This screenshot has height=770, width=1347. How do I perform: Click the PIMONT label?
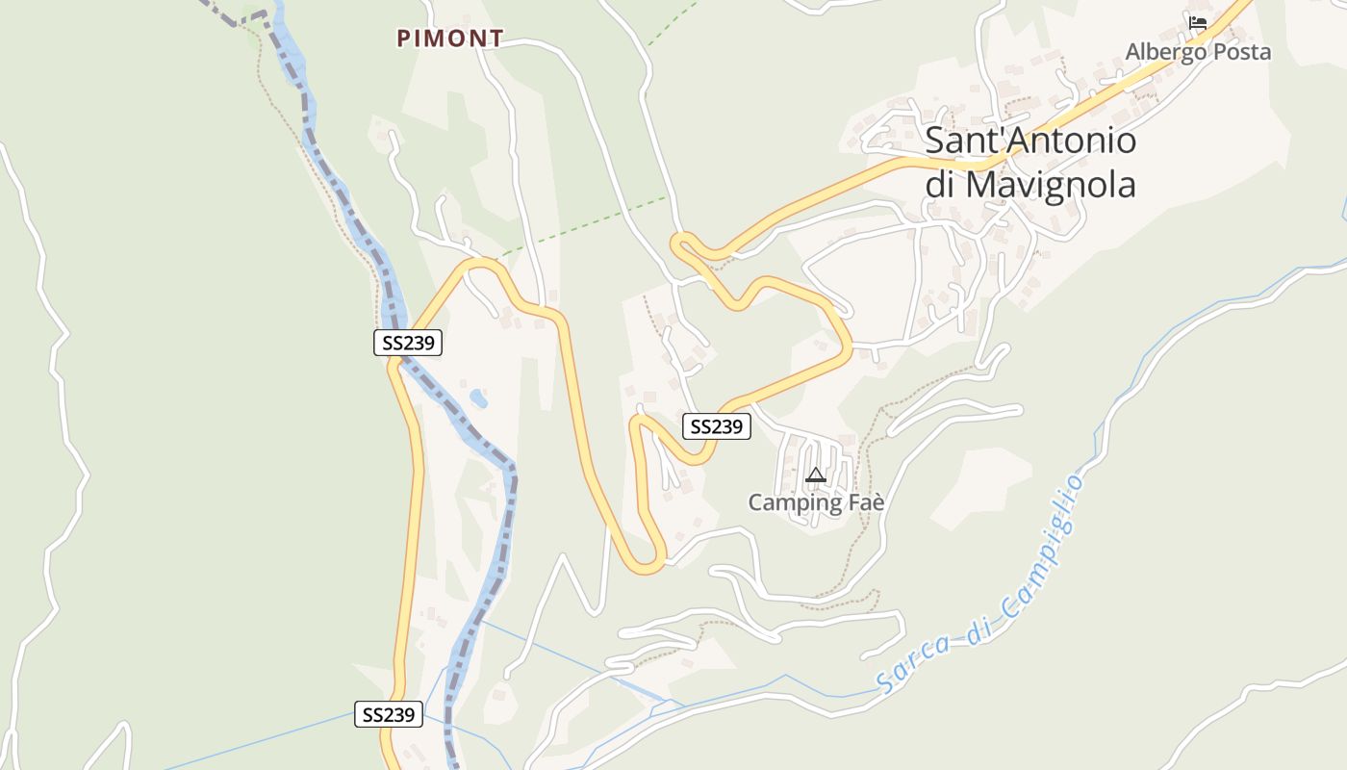click(x=450, y=38)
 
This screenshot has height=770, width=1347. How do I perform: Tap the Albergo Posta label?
click(x=1198, y=52)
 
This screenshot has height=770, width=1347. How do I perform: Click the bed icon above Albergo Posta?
click(x=1198, y=22)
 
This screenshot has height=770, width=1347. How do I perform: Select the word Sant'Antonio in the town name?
click(x=1030, y=141)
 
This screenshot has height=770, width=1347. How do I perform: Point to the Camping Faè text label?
click(x=816, y=502)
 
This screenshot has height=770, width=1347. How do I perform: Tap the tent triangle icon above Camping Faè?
click(x=816, y=475)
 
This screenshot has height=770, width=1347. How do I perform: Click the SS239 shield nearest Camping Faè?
click(x=717, y=426)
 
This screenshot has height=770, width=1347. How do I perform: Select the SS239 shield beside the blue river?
click(x=408, y=343)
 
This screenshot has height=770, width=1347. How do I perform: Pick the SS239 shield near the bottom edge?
click(x=389, y=714)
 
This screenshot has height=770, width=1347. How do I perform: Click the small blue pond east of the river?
click(x=477, y=398)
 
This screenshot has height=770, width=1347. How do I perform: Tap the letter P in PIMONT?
click(x=405, y=38)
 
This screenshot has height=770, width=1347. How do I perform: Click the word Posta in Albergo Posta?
click(x=1242, y=52)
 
